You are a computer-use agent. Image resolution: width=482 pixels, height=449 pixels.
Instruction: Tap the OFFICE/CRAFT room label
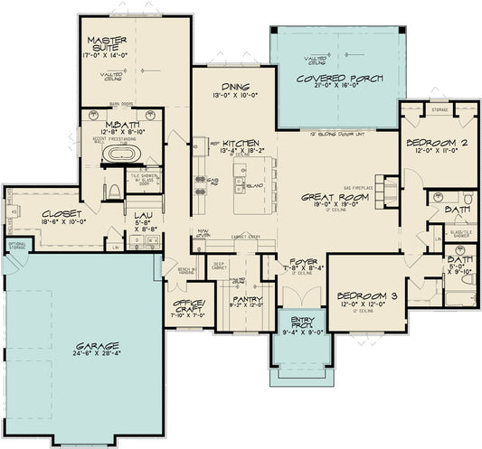pyautogui.click(x=188, y=304)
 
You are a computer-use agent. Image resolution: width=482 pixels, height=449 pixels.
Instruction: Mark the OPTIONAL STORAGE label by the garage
pyautogui.click(x=16, y=246)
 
